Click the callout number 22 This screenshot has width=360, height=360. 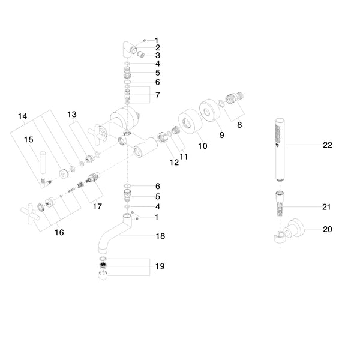click(327, 145)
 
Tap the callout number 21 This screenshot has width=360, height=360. click(326, 207)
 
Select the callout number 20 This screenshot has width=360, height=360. click(327, 229)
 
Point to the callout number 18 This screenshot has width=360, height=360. click(160, 236)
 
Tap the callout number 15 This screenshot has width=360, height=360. click(28, 139)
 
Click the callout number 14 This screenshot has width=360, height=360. click(23, 116)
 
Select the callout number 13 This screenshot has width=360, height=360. click(72, 114)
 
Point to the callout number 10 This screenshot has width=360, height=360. click(203, 146)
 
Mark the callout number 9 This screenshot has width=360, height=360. click(221, 136)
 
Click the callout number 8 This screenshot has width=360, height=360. click(240, 125)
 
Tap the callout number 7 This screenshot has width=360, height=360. click(157, 95)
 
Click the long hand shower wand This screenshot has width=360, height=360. click(278, 149)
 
